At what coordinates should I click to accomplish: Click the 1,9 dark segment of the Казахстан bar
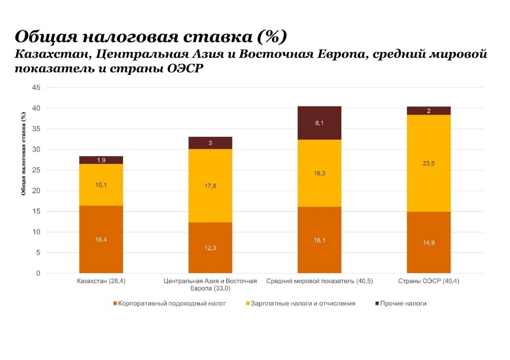[101, 160]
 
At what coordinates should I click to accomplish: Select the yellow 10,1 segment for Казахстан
[101, 185]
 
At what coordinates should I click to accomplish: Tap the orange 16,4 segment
[101, 239]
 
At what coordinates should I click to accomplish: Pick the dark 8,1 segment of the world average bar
[319, 123]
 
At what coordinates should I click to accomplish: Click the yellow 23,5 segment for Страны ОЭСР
[429, 163]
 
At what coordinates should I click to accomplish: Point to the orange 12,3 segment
[210, 248]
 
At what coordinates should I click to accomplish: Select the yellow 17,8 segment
[210, 186]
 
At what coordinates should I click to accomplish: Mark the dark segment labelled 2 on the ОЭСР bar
[429, 111]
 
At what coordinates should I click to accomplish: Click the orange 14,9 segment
[429, 242]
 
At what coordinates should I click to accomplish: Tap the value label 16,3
[319, 174]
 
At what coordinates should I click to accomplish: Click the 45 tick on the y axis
[36, 88]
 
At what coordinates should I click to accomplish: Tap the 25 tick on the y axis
[36, 171]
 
